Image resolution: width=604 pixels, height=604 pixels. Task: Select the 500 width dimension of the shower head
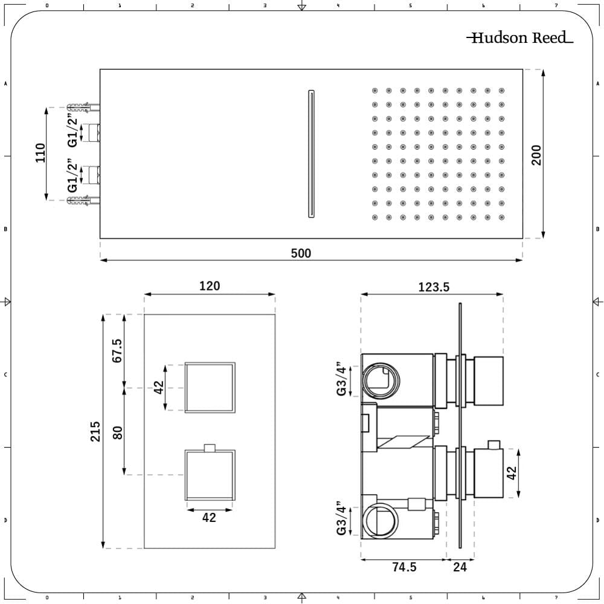click(x=301, y=253)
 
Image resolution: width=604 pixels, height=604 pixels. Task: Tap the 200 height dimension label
click(x=536, y=155)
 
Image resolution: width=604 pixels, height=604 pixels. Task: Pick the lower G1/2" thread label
click(x=72, y=176)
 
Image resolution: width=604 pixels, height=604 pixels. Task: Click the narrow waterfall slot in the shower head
click(x=311, y=153)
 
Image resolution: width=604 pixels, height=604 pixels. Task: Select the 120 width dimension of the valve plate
click(x=210, y=286)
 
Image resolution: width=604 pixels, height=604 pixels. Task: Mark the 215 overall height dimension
click(x=95, y=431)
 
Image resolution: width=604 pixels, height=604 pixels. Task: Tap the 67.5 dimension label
click(x=117, y=351)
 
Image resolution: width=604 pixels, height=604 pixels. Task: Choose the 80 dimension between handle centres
click(x=117, y=432)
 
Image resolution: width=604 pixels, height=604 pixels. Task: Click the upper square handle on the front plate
click(x=209, y=388)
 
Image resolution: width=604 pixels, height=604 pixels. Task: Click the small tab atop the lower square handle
click(x=210, y=448)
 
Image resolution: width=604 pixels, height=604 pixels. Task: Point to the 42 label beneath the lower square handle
click(x=209, y=518)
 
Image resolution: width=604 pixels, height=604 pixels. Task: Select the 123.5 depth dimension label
click(x=434, y=288)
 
